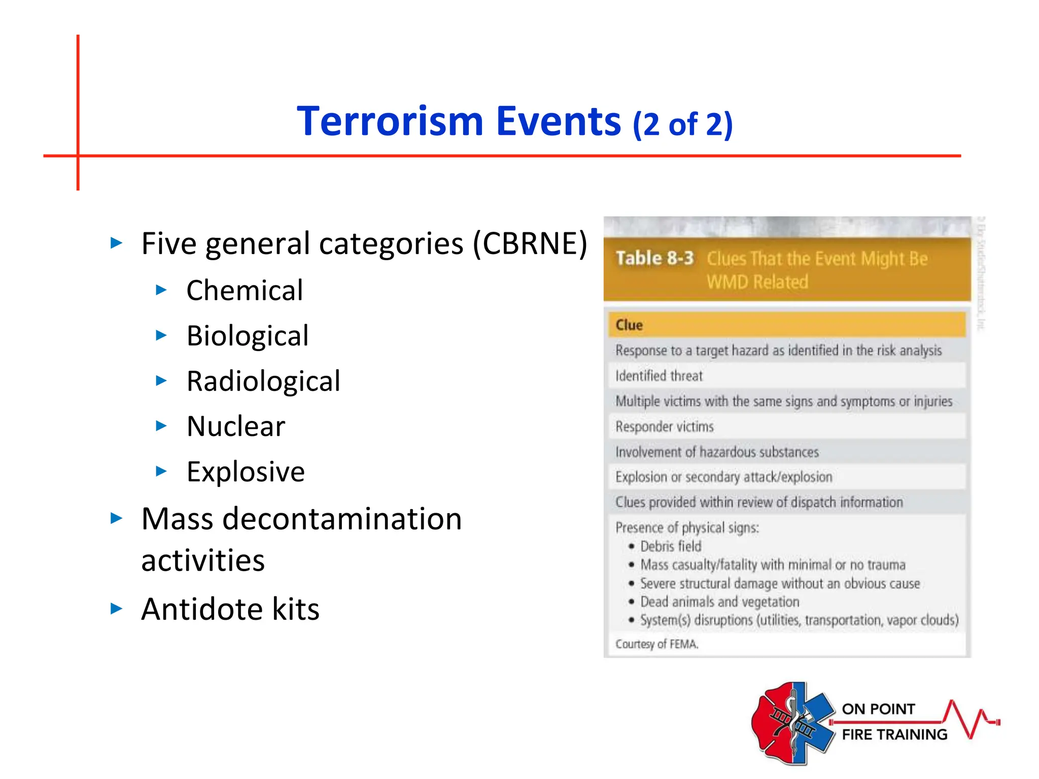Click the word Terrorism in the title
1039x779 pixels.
[x=390, y=122]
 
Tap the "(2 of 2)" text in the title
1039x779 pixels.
[x=682, y=125]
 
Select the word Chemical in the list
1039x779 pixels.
[x=245, y=291]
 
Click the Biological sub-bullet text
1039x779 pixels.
[x=248, y=336]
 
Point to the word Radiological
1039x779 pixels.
[x=263, y=381]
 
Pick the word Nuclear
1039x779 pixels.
[x=236, y=427]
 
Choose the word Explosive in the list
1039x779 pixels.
[x=246, y=472]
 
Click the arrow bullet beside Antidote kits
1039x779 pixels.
[x=117, y=609]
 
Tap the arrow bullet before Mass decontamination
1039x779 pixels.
[x=117, y=519]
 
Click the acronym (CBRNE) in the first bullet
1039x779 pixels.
[x=530, y=244]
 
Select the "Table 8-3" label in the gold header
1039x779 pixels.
[x=654, y=259]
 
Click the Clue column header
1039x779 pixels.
[x=629, y=325]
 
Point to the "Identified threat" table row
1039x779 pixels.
[x=659, y=376]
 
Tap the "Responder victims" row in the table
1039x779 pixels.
[x=665, y=427]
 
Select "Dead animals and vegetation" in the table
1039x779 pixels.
[x=719, y=602]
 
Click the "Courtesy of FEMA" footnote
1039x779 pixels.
[x=657, y=644]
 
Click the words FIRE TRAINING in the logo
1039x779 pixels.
[x=894, y=735]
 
